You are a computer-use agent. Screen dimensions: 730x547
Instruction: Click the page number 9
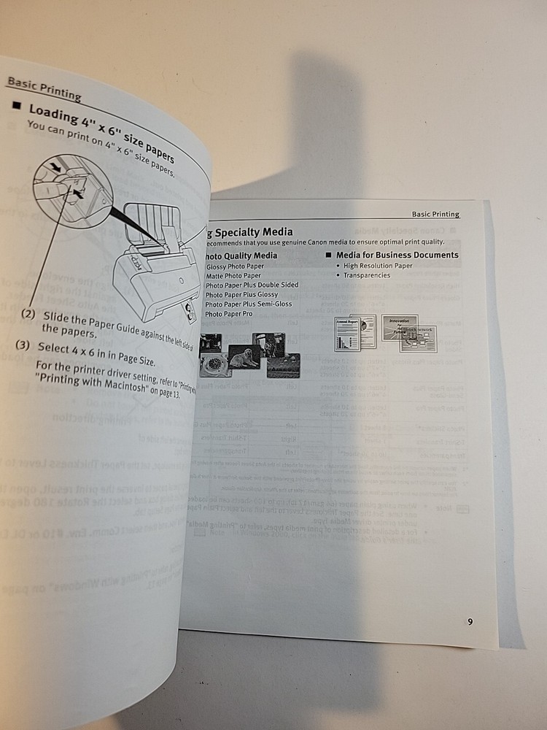coord(470,622)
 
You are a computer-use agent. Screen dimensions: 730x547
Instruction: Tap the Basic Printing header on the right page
coord(435,214)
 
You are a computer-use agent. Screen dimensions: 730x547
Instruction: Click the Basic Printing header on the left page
coord(44,87)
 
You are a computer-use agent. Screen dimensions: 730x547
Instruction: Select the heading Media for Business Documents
coord(397,255)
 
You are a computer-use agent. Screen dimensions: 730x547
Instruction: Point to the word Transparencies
coord(367,275)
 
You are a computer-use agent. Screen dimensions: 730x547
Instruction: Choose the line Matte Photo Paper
coord(233,276)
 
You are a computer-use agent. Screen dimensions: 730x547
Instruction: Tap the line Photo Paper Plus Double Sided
coord(252,285)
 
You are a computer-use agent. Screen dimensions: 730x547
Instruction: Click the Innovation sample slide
coord(399,326)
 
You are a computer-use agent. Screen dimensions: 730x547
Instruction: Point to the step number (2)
coord(28,314)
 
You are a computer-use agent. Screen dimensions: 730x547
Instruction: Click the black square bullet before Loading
coord(17,107)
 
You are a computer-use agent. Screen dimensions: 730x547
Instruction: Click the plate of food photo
coord(217,364)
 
